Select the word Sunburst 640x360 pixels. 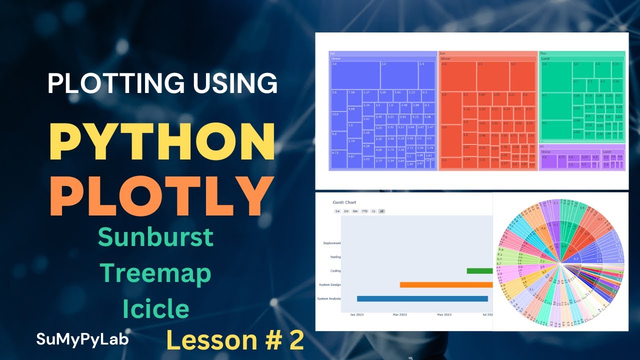click(155, 237)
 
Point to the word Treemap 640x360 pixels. click(155, 273)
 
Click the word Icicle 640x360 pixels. click(155, 309)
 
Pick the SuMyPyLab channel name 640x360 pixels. click(82, 339)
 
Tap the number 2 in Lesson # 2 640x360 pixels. click(295, 340)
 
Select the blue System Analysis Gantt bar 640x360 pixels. click(422, 298)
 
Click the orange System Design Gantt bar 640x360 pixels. click(446, 284)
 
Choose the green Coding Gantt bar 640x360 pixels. click(479, 271)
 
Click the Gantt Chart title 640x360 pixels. click(344, 202)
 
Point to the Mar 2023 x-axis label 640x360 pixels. click(399, 314)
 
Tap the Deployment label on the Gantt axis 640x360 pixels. click(331, 243)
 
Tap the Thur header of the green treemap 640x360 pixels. click(543, 53)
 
